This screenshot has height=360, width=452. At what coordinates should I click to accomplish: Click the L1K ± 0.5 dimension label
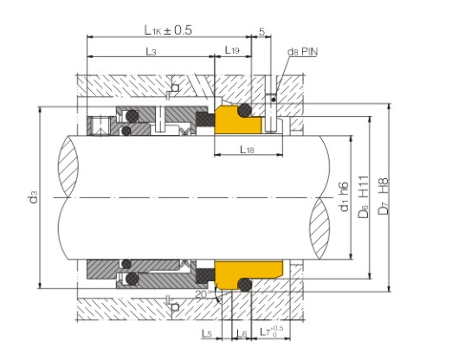point(168,30)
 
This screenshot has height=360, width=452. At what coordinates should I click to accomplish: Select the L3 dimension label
point(151,52)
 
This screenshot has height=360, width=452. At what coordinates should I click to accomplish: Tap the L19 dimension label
point(232,50)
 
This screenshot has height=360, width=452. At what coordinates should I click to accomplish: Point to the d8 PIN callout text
point(302,52)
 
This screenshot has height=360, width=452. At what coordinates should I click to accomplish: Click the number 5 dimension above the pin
point(262,31)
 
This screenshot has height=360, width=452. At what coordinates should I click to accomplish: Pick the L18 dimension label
point(248,150)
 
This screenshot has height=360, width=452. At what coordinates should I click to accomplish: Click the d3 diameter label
point(34,196)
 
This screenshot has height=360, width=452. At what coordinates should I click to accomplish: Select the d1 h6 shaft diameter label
point(345,196)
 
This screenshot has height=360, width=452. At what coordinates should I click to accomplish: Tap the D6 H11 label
point(365,196)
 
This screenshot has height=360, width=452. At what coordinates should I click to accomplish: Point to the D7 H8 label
point(384,196)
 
